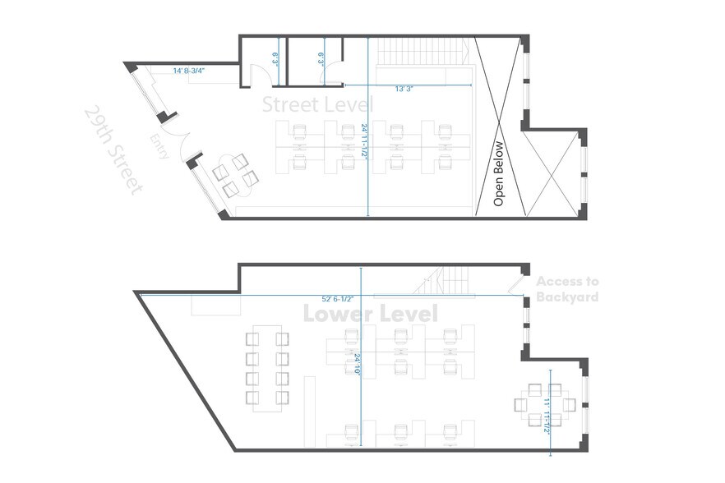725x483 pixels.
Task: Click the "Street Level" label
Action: [317, 104]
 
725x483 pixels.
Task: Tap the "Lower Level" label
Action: [371, 314]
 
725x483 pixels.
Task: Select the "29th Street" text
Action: [113, 150]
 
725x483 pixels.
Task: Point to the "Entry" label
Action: [161, 146]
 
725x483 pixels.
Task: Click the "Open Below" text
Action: [498, 173]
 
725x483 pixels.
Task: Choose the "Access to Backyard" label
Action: [566, 289]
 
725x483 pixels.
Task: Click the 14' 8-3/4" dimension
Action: [189, 71]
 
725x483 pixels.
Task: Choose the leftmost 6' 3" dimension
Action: [275, 58]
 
